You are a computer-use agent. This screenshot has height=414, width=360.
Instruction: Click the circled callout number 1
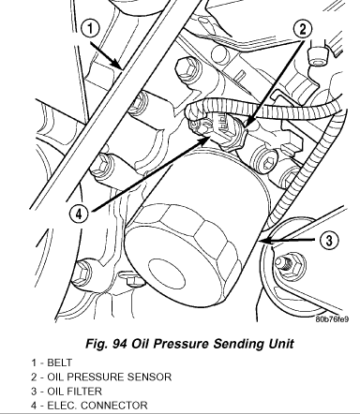pyautogui.click(x=90, y=29)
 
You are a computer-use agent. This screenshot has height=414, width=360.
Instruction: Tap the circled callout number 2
pyautogui.click(x=303, y=30)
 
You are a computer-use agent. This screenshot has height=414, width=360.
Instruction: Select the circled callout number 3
pyautogui.click(x=329, y=241)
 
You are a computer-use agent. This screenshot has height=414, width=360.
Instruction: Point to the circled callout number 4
pyautogui.click(x=79, y=214)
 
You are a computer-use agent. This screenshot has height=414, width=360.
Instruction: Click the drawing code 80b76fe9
pyautogui.click(x=332, y=319)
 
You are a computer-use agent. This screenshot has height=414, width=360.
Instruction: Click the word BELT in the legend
pyautogui.click(x=59, y=362)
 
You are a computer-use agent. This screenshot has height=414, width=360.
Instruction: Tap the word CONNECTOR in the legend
pyautogui.click(x=114, y=406)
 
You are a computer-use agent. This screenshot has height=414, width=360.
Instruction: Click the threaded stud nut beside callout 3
pyautogui.click(x=288, y=265)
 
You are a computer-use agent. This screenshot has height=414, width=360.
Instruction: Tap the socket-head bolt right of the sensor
pyautogui.click(x=264, y=162)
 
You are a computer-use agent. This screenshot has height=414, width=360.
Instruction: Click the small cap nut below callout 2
pyautogui.click(x=318, y=57)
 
